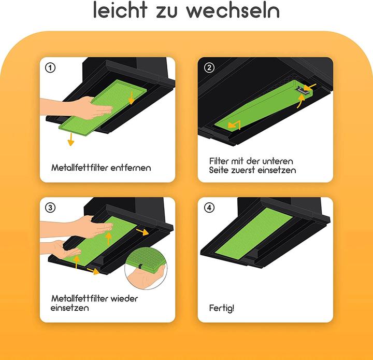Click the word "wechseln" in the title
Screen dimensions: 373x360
[233, 10]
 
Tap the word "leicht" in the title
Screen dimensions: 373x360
[120, 10]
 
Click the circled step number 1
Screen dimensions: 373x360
[50, 68]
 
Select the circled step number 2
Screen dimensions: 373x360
[209, 67]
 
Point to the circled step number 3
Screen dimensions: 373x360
[50, 207]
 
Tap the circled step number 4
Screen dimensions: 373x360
[209, 207]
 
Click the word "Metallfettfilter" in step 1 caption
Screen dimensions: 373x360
[80, 168]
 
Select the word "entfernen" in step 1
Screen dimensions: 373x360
[131, 168]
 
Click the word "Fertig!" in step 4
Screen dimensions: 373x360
[222, 308]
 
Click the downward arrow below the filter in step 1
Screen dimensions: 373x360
[70, 140]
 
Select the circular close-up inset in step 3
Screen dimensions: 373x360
[146, 268]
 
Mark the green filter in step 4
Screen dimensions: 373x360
[254, 233]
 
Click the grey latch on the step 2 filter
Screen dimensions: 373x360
[302, 90]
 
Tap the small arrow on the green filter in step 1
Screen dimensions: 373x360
[131, 98]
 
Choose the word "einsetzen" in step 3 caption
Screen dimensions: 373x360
[70, 308]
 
